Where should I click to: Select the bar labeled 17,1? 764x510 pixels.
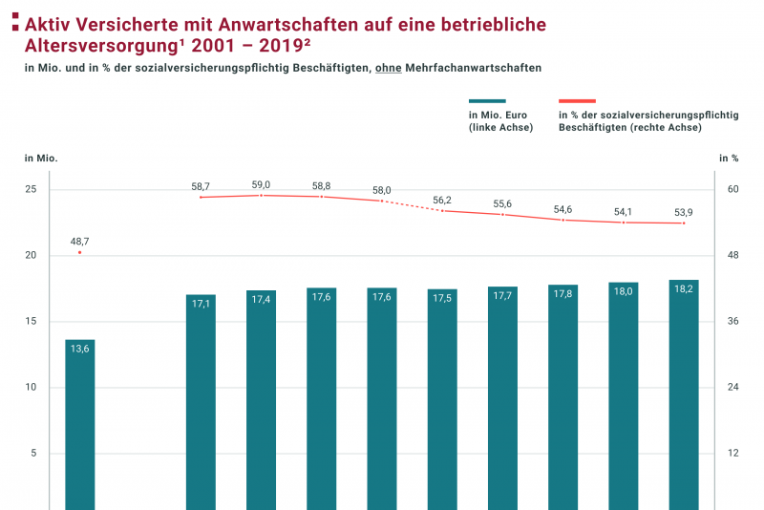pyautogui.click(x=201, y=401)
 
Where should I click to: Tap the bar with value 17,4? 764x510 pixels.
pyautogui.click(x=261, y=399)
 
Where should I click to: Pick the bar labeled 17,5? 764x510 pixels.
pyautogui.click(x=442, y=399)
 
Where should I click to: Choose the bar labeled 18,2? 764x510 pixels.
pyautogui.click(x=684, y=394)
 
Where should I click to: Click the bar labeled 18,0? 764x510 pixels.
pyautogui.click(x=624, y=395)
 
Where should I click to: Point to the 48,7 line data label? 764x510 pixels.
pyautogui.click(x=80, y=242)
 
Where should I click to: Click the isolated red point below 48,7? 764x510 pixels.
pyautogui.click(x=80, y=253)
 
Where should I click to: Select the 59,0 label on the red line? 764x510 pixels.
pyautogui.click(x=261, y=184)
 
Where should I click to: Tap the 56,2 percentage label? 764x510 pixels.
pyautogui.click(x=442, y=200)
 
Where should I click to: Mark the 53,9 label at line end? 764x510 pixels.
pyautogui.click(x=684, y=212)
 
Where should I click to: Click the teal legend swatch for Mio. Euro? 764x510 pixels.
pyautogui.click(x=487, y=101)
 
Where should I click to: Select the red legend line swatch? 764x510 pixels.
pyautogui.click(x=577, y=101)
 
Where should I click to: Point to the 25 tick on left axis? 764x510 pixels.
pyautogui.click(x=31, y=189)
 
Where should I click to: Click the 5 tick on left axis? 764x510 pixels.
pyautogui.click(x=33, y=453)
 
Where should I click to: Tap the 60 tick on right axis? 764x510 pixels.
pyautogui.click(x=733, y=189)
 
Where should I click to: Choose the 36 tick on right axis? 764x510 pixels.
pyautogui.click(x=733, y=321)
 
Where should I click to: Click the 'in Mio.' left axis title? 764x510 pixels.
pyautogui.click(x=41, y=158)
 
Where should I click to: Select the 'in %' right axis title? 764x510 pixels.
pyautogui.click(x=729, y=158)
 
